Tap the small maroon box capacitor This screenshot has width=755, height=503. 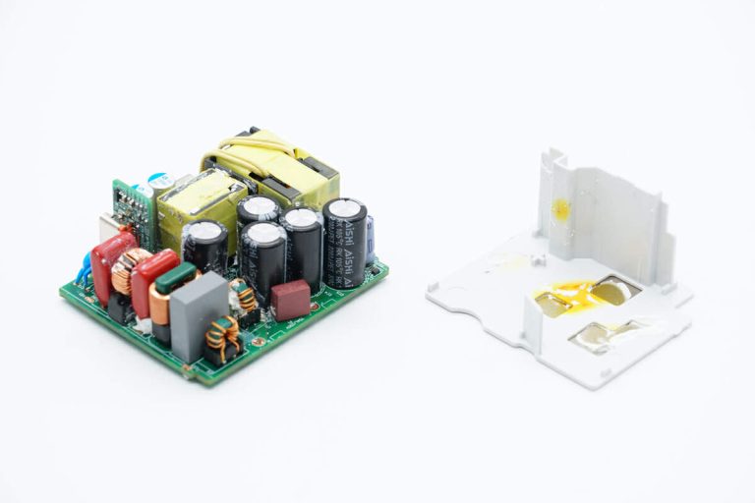291,299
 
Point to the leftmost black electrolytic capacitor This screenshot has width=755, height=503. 205,247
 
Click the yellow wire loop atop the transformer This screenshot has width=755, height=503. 258,147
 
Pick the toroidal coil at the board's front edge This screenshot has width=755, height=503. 225,338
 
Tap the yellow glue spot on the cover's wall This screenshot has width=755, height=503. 561,208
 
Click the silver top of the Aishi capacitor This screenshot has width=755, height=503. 344,208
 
